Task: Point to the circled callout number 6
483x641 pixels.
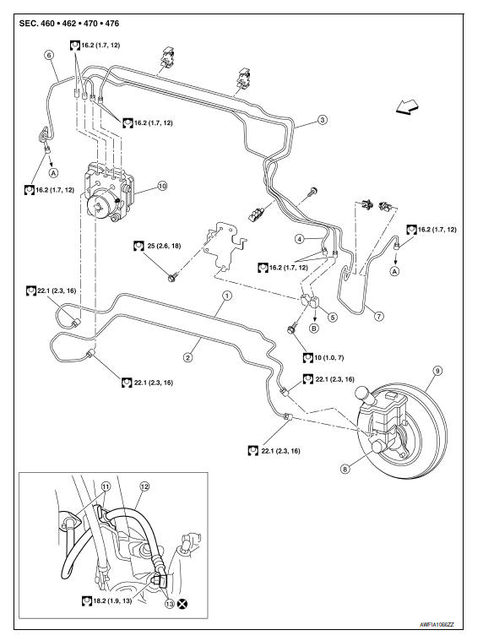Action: [49, 54]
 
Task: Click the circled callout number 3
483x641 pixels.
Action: [322, 121]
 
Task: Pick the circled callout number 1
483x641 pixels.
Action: [226, 296]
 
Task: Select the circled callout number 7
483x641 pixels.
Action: [379, 316]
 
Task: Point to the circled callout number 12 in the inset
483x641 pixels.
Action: [144, 486]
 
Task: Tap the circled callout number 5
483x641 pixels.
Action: [332, 317]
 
